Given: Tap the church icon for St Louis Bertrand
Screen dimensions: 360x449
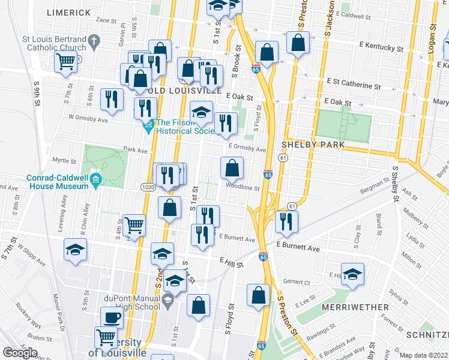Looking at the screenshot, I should point(93,41).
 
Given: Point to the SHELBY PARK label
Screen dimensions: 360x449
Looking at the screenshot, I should point(313,145).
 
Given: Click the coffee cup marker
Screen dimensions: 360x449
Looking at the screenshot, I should point(112,316).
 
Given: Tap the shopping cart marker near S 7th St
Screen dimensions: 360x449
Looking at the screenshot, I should point(66,61).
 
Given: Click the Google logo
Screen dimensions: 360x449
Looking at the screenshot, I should point(20,352).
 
